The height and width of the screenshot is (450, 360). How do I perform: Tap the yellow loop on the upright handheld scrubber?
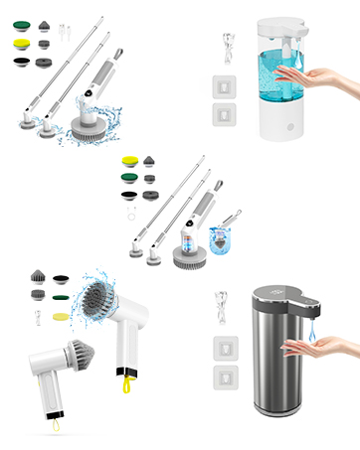127,381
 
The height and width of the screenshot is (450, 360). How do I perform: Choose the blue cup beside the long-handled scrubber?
221,238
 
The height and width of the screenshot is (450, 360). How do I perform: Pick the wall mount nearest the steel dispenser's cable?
226,348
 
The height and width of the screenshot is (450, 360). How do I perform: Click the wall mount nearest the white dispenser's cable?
226,82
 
